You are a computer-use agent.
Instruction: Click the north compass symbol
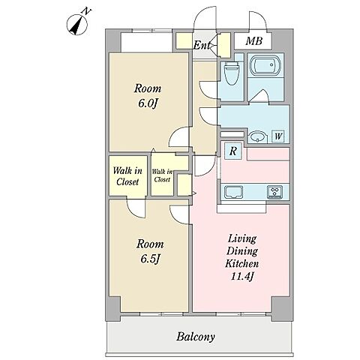click(77, 25)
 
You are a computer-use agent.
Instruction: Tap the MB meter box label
click(253, 40)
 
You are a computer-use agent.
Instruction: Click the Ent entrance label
click(202, 45)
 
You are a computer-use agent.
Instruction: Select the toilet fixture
click(231, 73)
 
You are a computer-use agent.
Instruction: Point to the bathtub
click(265, 65)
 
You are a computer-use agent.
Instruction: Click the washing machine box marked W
click(278, 136)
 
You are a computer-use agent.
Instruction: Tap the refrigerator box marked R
click(233, 151)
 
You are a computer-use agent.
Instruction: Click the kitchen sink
click(233, 192)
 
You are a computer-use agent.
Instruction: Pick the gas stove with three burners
click(274, 192)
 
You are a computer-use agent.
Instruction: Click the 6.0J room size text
click(148, 103)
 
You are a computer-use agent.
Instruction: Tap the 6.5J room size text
click(150, 259)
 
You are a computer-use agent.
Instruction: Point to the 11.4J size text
click(242, 277)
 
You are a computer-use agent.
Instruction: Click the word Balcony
click(196, 337)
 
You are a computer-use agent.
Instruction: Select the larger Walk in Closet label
click(127, 176)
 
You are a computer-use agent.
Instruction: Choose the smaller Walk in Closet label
click(162, 175)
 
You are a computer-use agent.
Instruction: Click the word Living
click(242, 239)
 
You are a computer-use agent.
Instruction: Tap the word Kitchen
click(242, 263)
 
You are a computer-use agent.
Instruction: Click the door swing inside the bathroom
click(260, 96)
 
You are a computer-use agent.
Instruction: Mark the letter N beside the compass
click(87, 11)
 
